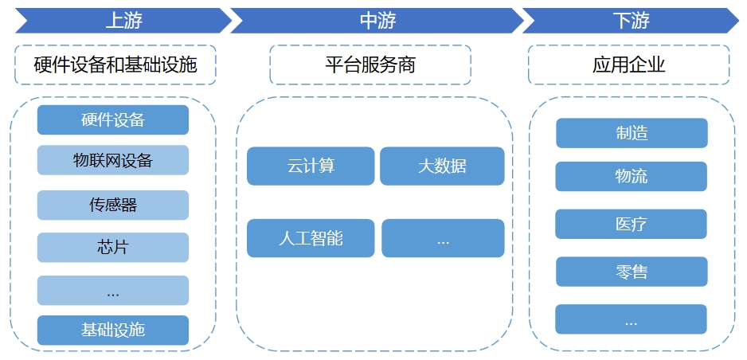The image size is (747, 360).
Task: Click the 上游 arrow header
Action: (x=123, y=21)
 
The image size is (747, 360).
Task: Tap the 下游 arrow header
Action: (x=631, y=21)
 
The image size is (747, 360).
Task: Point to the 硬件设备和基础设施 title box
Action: (x=115, y=65)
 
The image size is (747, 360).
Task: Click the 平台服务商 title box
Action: (x=370, y=65)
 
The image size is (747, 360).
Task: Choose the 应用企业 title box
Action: (x=628, y=65)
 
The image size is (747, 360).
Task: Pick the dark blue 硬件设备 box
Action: (x=113, y=120)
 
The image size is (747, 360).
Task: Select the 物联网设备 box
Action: (x=113, y=160)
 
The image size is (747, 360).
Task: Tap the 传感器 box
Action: (x=113, y=205)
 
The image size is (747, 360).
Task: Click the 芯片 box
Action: (x=113, y=247)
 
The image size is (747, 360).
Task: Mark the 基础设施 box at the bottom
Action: (x=113, y=330)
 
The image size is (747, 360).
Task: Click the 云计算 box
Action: (x=311, y=166)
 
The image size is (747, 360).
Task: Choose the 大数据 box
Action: (x=442, y=166)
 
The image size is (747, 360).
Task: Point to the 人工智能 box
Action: (x=311, y=238)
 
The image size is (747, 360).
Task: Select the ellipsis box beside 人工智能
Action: (x=443, y=238)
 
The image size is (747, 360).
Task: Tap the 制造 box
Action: (x=632, y=133)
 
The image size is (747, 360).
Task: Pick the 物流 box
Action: (x=631, y=176)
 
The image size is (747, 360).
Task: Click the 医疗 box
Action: (x=631, y=224)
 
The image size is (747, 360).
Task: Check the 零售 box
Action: (x=632, y=272)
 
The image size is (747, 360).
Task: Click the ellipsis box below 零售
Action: (x=631, y=319)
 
